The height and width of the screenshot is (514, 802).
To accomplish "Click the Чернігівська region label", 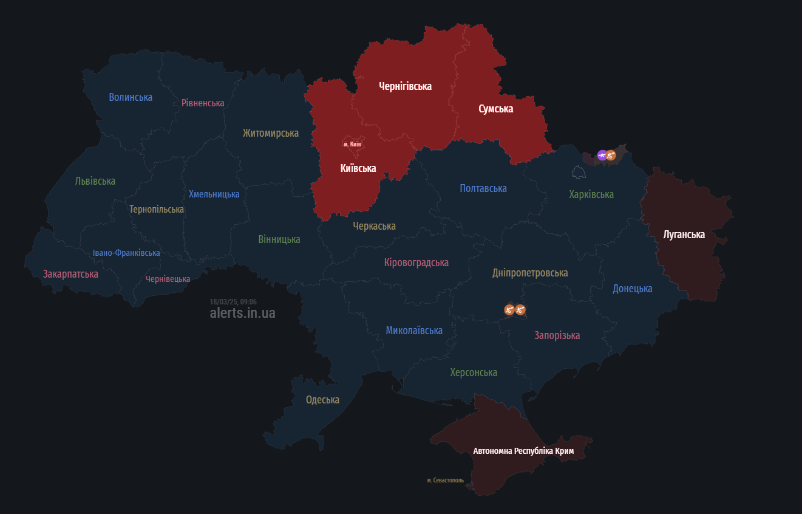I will (405, 86).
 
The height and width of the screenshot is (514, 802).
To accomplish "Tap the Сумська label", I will (495, 109).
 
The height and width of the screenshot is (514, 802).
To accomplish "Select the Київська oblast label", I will (358, 168).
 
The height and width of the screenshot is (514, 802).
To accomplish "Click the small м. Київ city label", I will (352, 144).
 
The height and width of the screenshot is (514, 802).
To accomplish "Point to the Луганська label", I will (684, 235).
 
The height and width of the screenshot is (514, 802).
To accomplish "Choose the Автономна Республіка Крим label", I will (523, 451).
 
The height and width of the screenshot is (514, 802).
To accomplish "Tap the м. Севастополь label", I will (445, 481).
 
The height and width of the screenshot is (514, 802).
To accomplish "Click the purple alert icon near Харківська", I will (602, 156).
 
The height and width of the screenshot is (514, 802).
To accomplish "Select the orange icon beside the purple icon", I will (611, 156).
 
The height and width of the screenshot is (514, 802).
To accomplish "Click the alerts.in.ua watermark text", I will (242, 313).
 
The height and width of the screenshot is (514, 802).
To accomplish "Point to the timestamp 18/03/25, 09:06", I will (233, 302).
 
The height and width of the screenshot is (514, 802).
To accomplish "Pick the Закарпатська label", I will (70, 274).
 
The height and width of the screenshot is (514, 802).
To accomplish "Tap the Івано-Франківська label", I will (126, 253).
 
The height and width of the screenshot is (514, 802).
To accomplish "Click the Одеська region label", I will (322, 400).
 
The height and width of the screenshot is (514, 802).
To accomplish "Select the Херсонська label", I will (474, 372).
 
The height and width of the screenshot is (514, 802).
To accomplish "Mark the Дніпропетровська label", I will (530, 273).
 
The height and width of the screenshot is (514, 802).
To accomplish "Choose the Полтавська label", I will (483, 188).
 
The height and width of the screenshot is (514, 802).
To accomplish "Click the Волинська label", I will (131, 97).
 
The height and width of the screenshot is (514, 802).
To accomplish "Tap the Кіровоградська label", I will (416, 262).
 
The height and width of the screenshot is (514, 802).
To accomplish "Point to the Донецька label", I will (632, 289).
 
